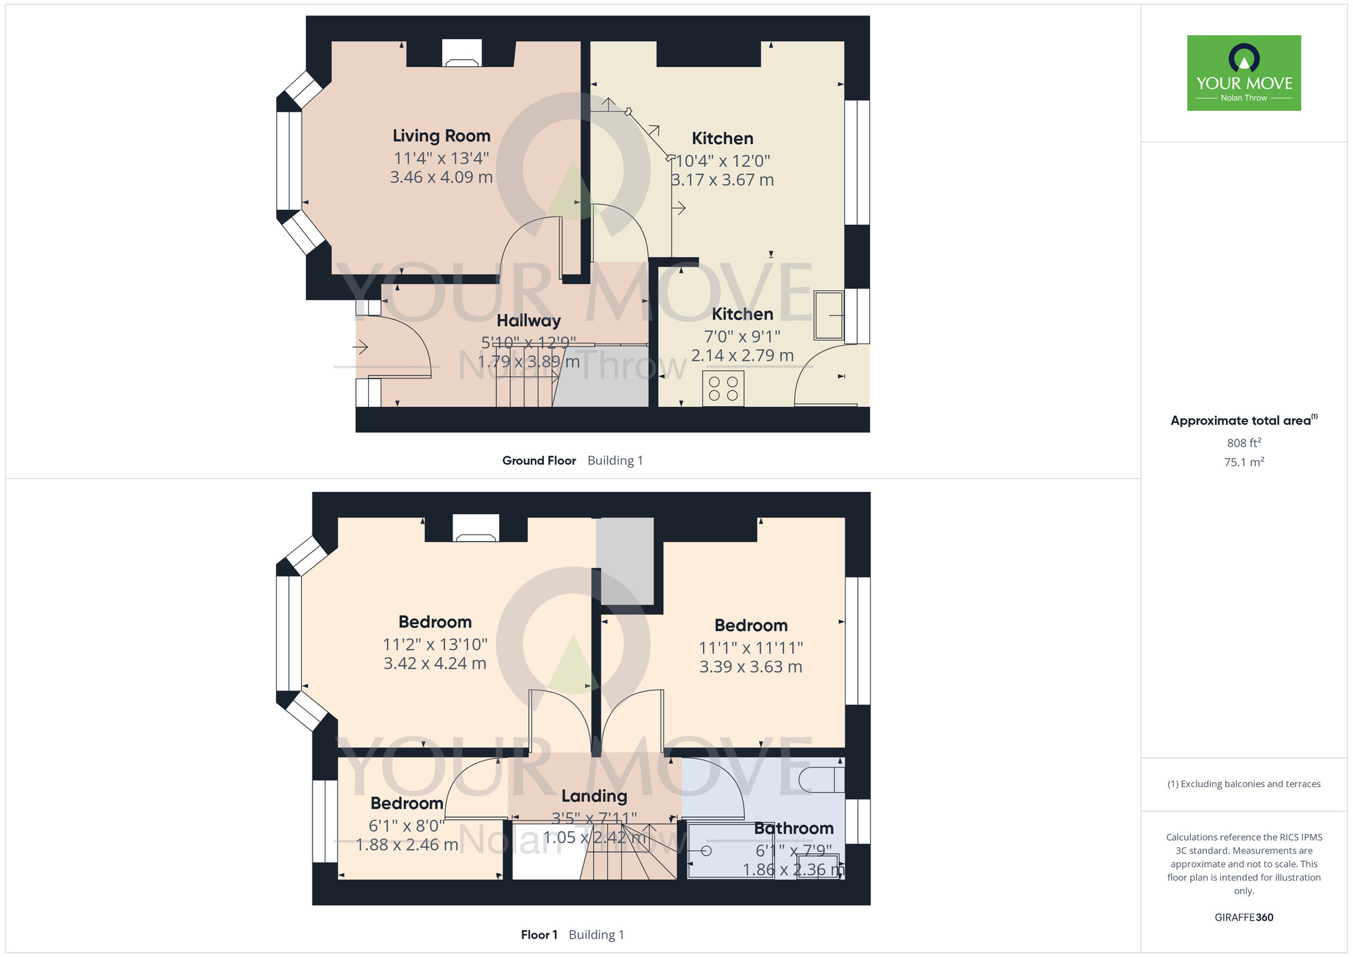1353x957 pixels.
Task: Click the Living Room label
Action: point(441,136)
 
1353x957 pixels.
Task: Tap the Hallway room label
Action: point(528,321)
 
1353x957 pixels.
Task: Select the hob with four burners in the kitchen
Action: point(723,388)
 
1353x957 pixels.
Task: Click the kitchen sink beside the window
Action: point(828,315)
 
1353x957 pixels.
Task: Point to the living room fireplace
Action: point(461,54)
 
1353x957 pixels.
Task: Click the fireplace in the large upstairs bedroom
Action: point(476,529)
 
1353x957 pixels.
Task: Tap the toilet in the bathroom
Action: point(821,780)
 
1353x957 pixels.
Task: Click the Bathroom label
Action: point(794,828)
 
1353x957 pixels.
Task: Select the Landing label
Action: point(594,797)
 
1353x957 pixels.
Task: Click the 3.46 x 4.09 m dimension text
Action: point(441,177)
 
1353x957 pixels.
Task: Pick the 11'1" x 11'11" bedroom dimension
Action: point(750,648)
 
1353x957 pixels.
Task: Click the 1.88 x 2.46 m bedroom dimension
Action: point(407,845)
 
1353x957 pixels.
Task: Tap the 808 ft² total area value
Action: point(1243,443)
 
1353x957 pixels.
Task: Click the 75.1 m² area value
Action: point(1243,462)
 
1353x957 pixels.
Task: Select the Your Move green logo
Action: point(1243,73)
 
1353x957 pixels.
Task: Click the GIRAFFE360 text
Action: point(1243,918)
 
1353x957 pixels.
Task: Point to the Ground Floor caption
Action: point(538,460)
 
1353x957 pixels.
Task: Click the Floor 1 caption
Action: point(538,935)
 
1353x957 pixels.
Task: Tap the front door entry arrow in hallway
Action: point(360,347)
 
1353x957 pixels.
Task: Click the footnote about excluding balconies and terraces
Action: point(1243,784)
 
